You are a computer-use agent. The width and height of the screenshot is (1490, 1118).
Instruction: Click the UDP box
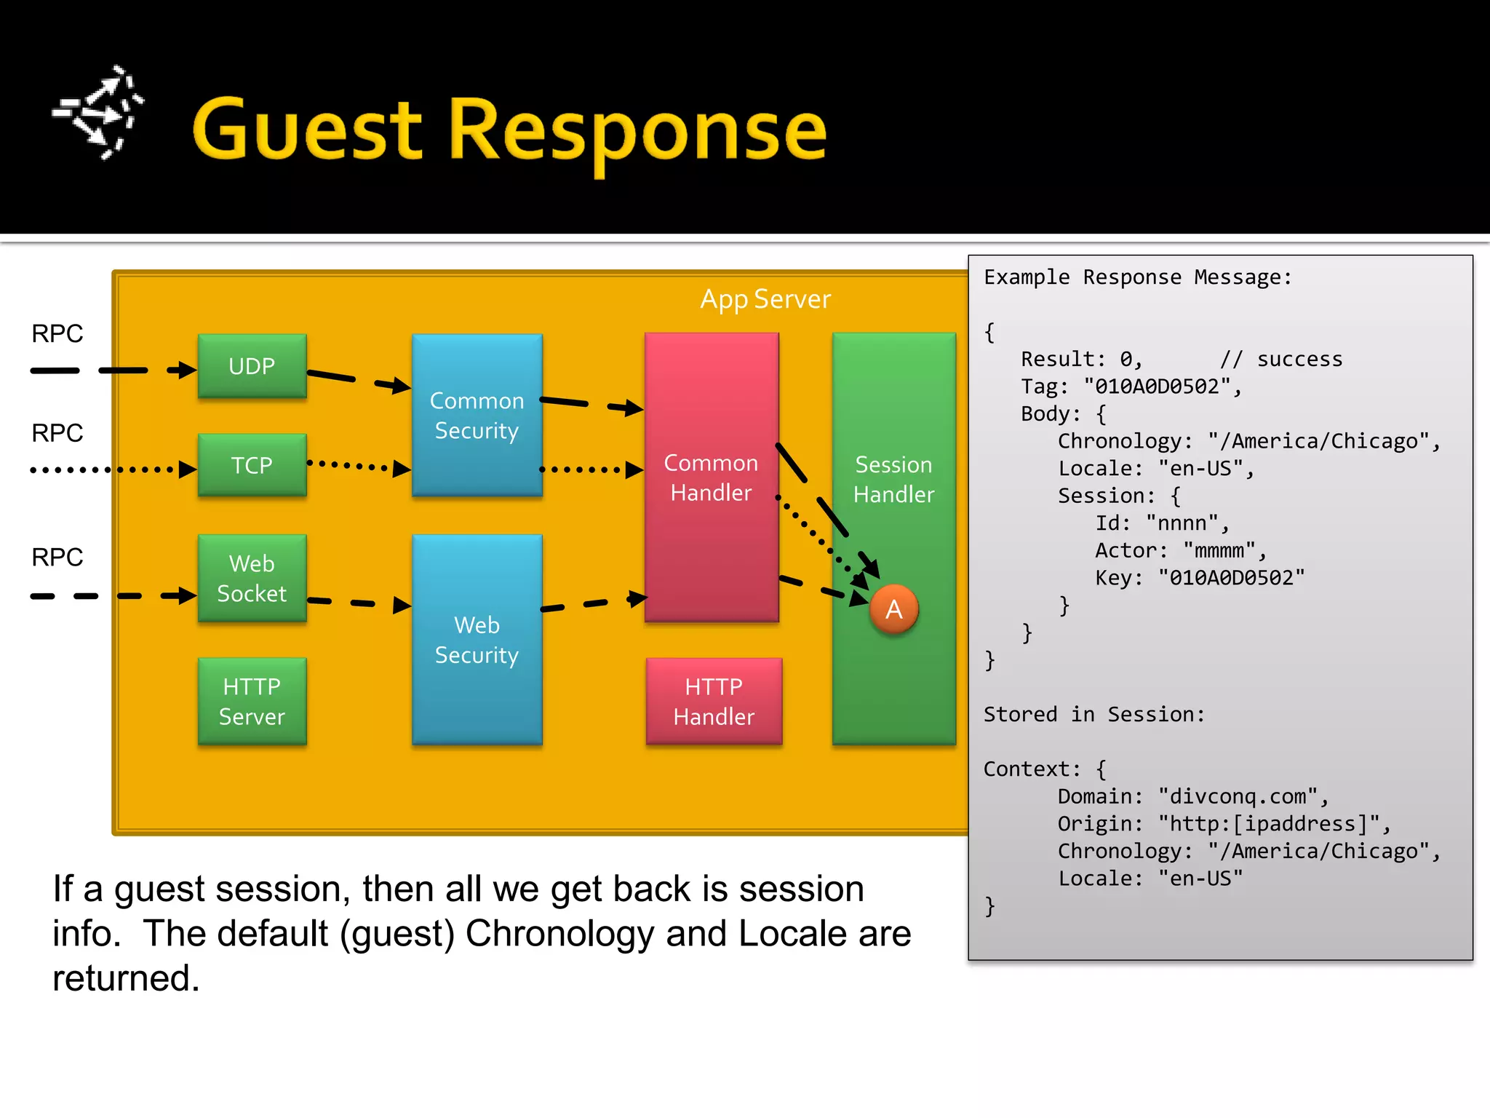click(x=252, y=366)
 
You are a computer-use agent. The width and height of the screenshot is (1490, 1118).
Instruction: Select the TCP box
click(x=252, y=465)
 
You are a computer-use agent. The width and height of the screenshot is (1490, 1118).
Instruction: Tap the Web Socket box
click(x=252, y=578)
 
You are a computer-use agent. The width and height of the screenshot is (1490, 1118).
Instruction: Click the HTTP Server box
click(x=252, y=701)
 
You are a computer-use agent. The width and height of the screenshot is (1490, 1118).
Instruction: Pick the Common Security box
click(x=477, y=416)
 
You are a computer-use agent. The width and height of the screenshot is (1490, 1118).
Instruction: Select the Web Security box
click(x=477, y=640)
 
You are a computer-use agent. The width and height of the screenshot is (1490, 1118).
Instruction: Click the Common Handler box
click(x=711, y=477)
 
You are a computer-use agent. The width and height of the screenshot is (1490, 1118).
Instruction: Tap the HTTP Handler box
click(x=714, y=701)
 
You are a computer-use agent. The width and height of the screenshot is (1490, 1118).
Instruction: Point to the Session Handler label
click(x=893, y=480)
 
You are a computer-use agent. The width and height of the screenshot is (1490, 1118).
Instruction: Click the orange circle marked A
click(x=894, y=609)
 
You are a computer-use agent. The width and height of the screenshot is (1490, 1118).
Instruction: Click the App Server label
click(x=765, y=299)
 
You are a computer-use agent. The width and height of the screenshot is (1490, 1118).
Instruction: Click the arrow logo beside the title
click(x=99, y=113)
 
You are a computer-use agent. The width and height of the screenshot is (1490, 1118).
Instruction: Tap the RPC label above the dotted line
click(x=57, y=433)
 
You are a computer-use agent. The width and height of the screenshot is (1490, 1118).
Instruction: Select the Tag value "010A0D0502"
click(x=1157, y=386)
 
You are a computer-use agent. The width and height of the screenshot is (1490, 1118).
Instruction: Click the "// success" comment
click(x=1280, y=360)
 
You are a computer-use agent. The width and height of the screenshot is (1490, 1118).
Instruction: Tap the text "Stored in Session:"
click(x=1093, y=715)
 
